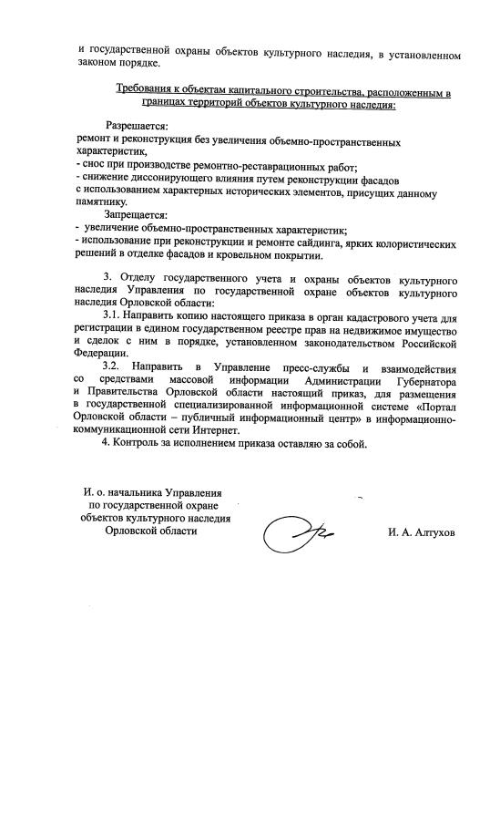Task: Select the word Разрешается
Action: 138,123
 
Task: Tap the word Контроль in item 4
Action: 141,444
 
